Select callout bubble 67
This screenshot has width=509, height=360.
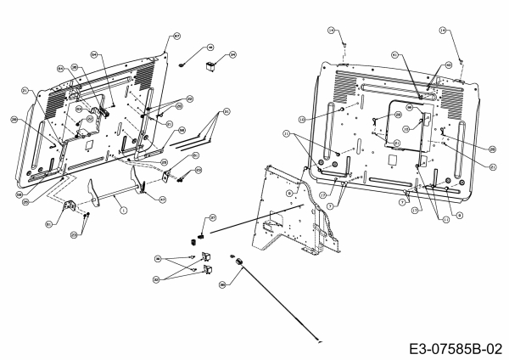176,36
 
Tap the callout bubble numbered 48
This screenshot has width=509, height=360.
210,48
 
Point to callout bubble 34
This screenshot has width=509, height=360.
233,54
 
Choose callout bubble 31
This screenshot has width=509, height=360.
227,111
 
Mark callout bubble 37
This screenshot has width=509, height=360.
213,217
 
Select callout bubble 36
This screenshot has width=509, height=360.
158,256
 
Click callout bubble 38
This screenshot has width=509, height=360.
222,285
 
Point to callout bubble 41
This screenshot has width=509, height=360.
394,54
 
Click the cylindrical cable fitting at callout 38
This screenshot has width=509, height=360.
239,260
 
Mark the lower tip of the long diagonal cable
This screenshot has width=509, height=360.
319,340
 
